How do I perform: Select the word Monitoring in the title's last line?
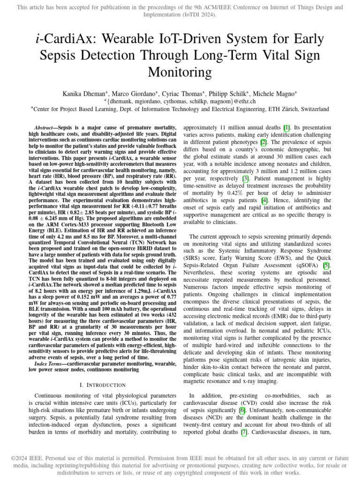(x=180, y=72)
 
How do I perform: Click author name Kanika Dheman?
(x=82, y=94)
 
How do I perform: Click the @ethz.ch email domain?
(x=244, y=101)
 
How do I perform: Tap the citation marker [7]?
(x=244, y=432)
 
